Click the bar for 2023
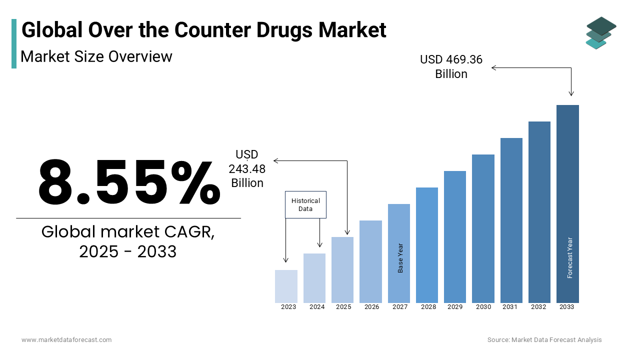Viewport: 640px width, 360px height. click(286, 286)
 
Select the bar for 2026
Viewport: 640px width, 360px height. click(370, 261)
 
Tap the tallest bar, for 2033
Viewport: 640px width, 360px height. click(567, 203)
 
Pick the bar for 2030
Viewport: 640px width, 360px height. click(483, 228)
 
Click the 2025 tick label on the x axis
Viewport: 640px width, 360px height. click(343, 307)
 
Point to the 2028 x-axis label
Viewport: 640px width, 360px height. click(428, 307)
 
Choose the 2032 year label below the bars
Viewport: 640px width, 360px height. click(539, 307)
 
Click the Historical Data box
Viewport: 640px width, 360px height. click(305, 204)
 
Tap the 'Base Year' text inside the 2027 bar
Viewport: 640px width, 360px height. click(400, 258)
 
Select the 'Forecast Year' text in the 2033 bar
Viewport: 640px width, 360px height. click(570, 257)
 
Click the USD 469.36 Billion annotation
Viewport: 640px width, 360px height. click(451, 67)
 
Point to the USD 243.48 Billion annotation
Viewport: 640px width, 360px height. click(247, 169)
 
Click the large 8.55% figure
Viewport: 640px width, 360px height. click(129, 182)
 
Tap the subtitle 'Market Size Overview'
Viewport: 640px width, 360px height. click(96, 56)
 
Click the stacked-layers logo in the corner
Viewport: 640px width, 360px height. click(600, 33)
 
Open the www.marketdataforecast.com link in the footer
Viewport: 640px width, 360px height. click(66, 340)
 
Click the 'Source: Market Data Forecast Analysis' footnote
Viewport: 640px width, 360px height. click(544, 340)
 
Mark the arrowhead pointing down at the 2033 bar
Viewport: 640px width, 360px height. click(571, 93)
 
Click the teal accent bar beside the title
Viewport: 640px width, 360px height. click(14, 43)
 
